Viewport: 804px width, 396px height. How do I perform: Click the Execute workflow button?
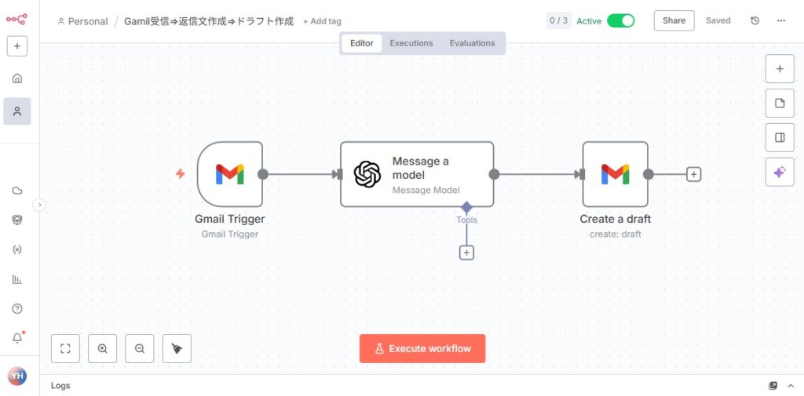422,348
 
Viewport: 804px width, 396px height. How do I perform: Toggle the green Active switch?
620,20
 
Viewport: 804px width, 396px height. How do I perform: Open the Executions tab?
411,43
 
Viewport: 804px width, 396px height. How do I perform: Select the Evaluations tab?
472,43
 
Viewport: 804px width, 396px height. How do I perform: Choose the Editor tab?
361,43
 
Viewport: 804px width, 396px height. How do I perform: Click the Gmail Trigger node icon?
230,174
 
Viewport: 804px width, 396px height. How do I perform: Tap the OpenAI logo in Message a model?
367,174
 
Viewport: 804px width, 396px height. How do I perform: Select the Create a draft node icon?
615,174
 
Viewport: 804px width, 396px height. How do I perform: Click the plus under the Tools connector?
466,252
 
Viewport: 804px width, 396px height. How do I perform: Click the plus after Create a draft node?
693,174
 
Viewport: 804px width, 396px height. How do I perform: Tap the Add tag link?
322,21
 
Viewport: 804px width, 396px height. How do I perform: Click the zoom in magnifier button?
102,348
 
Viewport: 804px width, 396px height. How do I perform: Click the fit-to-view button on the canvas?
65,348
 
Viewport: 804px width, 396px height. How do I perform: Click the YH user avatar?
17,376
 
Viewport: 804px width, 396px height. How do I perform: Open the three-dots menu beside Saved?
780,20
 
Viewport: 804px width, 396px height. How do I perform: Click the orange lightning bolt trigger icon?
180,174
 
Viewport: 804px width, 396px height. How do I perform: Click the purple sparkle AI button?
780,172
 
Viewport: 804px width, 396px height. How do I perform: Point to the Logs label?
60,386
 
